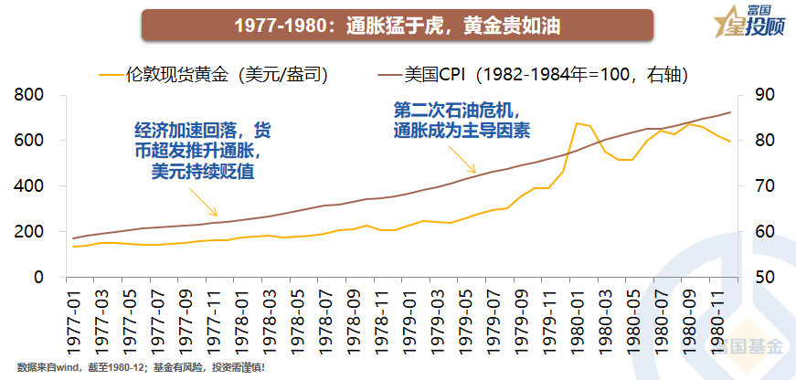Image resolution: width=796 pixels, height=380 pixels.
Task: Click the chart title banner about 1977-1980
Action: tap(397, 25)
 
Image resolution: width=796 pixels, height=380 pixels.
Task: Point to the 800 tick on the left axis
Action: tap(30, 95)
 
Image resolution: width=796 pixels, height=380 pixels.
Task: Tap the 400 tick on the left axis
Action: tap(30, 186)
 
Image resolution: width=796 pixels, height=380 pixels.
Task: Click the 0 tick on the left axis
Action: tap(39, 277)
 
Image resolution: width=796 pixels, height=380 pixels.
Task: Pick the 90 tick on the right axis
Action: tap(763, 95)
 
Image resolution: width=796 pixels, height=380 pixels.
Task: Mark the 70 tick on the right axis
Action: tap(763, 186)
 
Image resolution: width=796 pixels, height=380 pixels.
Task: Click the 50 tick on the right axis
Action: tap(763, 277)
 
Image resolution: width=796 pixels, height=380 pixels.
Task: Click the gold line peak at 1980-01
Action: tap(577, 123)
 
